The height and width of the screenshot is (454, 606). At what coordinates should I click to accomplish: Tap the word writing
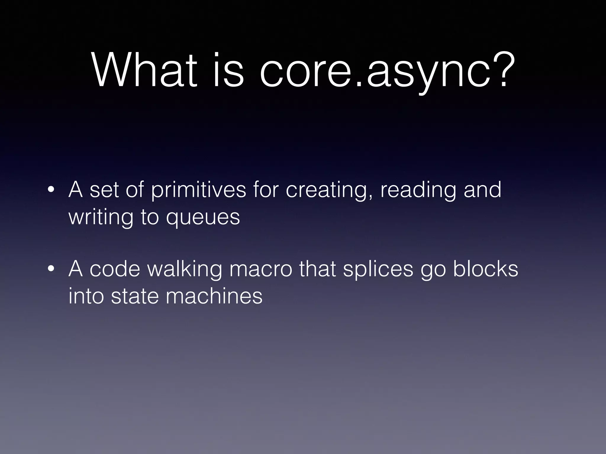pyautogui.click(x=101, y=217)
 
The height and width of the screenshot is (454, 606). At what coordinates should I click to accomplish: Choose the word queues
pyautogui.click(x=203, y=217)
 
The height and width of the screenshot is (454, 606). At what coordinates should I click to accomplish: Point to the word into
pyautogui.click(x=86, y=296)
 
